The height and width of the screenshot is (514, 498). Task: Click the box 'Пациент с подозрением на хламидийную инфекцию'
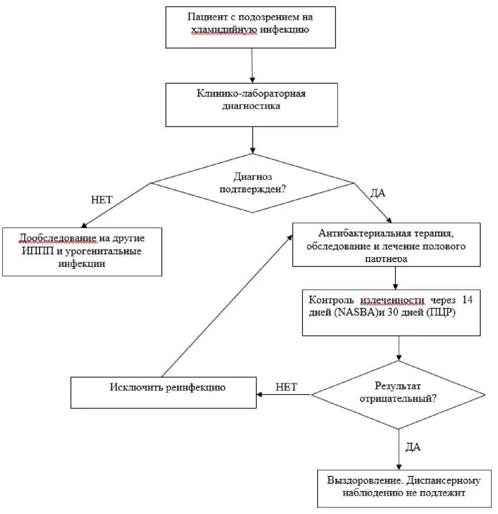pos(250,28)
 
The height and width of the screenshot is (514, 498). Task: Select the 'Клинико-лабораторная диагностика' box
pos(251,105)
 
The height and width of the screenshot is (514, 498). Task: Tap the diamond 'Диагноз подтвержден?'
pos(252,183)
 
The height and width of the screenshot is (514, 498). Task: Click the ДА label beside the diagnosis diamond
pos(377,193)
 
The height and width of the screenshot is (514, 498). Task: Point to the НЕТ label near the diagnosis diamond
pos(102,200)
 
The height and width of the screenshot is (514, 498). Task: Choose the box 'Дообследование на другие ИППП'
pos(82,252)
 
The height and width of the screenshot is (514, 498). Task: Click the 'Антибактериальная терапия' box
pos(386,245)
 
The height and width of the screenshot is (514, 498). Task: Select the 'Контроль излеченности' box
pos(391,313)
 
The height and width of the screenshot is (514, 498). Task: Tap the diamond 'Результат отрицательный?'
pos(398,395)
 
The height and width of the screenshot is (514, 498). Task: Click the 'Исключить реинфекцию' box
pos(163,393)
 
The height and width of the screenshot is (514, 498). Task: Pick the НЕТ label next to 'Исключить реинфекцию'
pos(286,387)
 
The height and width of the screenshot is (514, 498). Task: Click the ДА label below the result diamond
pos(413,447)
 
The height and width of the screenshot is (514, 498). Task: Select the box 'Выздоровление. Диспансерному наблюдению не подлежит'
pos(405,489)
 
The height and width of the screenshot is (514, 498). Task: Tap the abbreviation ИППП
pos(38,251)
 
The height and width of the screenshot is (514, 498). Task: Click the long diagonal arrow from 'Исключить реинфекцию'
pos(227,306)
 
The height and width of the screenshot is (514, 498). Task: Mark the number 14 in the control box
pos(467,300)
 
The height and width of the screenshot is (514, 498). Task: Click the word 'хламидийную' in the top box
pos(224,30)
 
